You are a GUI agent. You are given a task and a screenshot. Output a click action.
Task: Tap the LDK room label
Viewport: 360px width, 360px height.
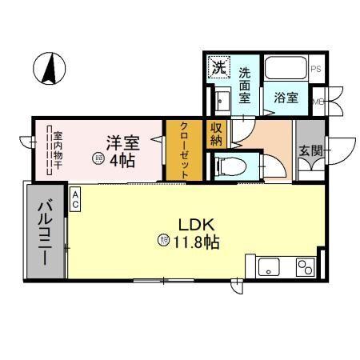[192, 225]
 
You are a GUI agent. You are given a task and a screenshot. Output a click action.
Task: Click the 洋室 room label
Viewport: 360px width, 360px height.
[124, 143]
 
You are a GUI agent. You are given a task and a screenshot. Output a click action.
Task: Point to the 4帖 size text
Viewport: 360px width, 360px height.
[122, 160]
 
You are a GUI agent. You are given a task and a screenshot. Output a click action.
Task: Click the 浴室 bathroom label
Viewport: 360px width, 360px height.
[286, 98]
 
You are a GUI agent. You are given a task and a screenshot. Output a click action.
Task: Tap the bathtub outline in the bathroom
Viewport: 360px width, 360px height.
[286, 70]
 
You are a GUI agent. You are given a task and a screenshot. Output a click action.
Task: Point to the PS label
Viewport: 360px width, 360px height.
[316, 68]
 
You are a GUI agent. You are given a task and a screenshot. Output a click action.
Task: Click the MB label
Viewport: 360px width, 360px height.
[317, 102]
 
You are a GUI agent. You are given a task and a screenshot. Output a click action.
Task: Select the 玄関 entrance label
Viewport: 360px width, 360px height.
[310, 150]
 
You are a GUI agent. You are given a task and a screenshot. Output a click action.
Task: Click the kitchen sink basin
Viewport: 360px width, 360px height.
[267, 266]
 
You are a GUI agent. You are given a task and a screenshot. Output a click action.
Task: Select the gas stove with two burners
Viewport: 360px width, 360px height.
[305, 266]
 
